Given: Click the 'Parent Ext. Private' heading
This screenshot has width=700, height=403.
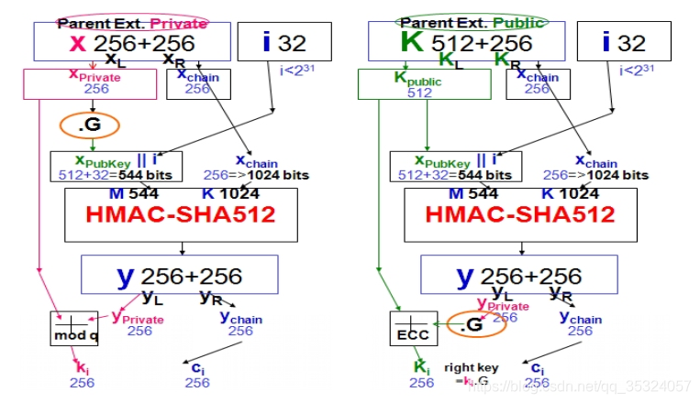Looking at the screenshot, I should [x=132, y=23].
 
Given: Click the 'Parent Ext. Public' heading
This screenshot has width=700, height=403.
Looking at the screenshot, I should [x=471, y=22].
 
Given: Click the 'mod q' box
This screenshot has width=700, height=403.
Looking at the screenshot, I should [x=73, y=328].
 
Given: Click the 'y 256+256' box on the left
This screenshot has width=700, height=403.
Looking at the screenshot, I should [x=179, y=274].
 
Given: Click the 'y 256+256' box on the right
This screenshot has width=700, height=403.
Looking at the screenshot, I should [x=518, y=274].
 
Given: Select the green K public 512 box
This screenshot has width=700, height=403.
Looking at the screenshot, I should [x=413, y=84].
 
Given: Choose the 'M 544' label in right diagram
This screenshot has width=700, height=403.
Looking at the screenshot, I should [x=470, y=193].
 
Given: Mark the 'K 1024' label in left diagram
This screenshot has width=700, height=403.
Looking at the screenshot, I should [x=231, y=193].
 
